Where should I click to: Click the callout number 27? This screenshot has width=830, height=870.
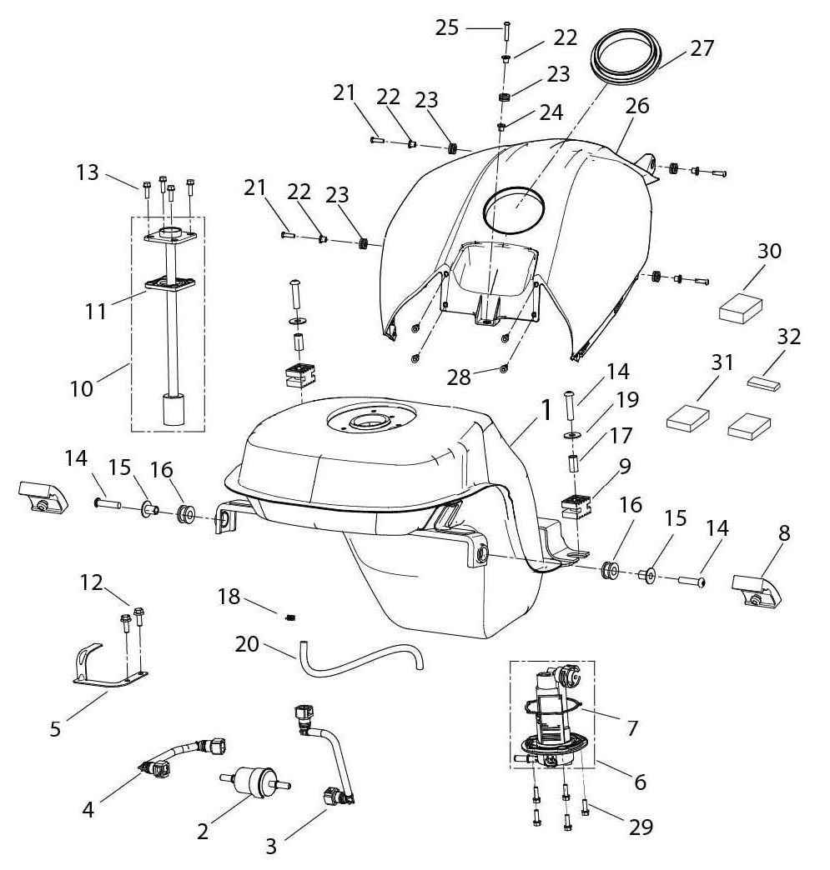click(702, 48)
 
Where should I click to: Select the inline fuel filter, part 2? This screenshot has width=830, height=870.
click(254, 782)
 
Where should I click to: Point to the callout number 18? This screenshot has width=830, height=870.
click(229, 597)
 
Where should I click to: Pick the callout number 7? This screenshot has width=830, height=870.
click(632, 728)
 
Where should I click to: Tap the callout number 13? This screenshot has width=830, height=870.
click(87, 172)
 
